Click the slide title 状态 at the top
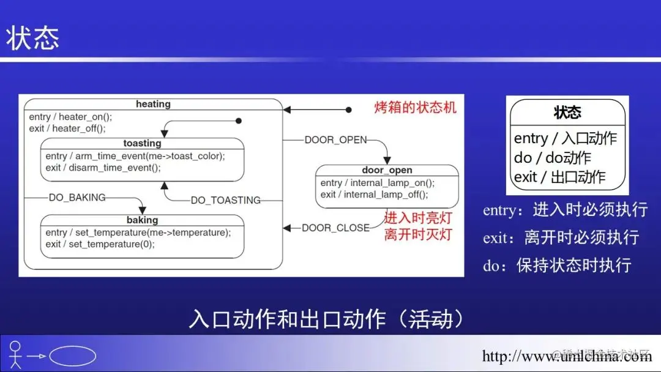[33, 39]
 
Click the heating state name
[153, 104]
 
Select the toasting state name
[142, 143]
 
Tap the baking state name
[142, 220]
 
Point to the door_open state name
[387, 170]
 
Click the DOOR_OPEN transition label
[335, 139]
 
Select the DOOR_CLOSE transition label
[335, 228]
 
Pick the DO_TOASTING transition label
[225, 200]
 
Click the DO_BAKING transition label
[77, 197]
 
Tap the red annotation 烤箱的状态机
[416, 108]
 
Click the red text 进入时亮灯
[418, 218]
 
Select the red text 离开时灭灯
[418, 234]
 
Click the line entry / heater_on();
[71, 117]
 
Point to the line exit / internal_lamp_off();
[374, 195]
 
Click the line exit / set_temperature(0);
[100, 244]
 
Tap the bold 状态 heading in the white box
[567, 112]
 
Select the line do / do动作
[553, 158]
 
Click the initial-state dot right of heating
[349, 110]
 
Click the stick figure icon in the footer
[15, 355]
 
